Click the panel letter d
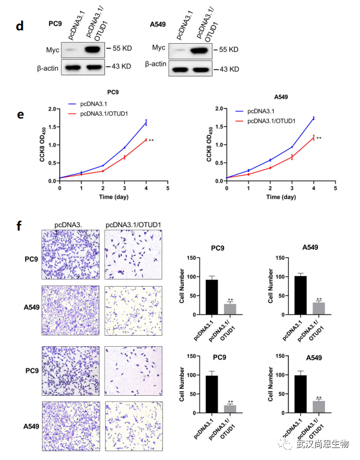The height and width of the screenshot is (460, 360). (21, 26)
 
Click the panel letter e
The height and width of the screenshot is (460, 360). (20, 114)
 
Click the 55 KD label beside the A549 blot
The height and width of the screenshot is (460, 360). (226, 50)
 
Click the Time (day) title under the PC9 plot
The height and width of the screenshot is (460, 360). (114, 197)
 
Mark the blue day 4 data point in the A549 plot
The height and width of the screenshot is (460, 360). (313, 118)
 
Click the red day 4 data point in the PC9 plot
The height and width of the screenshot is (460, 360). (146, 140)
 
